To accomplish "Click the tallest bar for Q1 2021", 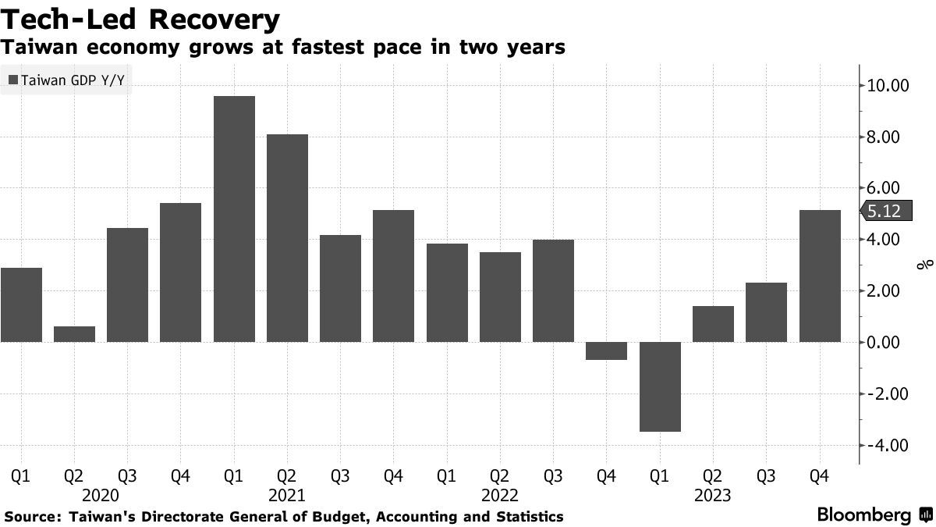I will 234,219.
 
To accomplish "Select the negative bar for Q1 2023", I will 660,386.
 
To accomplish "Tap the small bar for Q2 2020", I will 74,334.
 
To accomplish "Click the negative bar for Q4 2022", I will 607,351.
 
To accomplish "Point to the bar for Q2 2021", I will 287,238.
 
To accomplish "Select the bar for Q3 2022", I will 553,290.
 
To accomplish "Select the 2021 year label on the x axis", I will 287,495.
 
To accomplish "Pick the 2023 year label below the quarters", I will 712,495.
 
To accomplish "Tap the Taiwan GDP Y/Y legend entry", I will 66,80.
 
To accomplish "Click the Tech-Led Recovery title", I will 140,18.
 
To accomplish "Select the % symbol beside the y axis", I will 924,265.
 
